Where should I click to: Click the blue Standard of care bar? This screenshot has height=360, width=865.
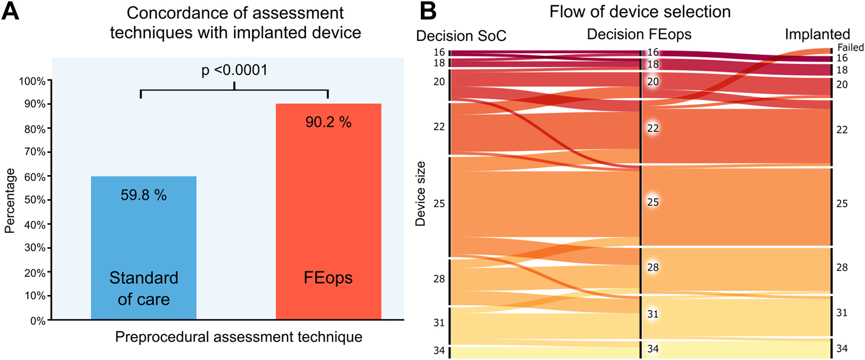pyautogui.click(x=144, y=235)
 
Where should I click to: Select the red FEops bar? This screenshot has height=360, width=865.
pyautogui.click(x=328, y=202)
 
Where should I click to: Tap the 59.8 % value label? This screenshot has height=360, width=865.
pyautogui.click(x=144, y=195)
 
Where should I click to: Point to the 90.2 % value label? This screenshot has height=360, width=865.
pyautogui.click(x=328, y=122)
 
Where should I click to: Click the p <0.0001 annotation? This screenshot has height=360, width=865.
pyautogui.click(x=234, y=70)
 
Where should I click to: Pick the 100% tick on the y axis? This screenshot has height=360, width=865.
pyautogui.click(x=32, y=81)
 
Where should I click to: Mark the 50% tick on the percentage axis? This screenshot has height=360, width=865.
pyautogui.click(x=35, y=200)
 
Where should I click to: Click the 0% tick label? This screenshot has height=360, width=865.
pyautogui.click(x=38, y=321)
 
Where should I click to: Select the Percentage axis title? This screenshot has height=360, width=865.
pyautogui.click(x=10, y=201)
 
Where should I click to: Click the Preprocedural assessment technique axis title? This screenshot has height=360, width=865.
pyautogui.click(x=239, y=337)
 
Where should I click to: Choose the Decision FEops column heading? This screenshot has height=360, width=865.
pyautogui.click(x=639, y=35)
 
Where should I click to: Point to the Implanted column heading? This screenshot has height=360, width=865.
pyautogui.click(x=817, y=35)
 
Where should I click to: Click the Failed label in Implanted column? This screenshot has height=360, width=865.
pyautogui.click(x=850, y=47)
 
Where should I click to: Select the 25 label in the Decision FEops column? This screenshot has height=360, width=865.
pyautogui.click(x=653, y=202)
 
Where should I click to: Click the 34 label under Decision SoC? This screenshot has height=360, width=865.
pyautogui.click(x=439, y=351)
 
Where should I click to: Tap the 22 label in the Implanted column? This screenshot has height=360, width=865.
pyautogui.click(x=842, y=130)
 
